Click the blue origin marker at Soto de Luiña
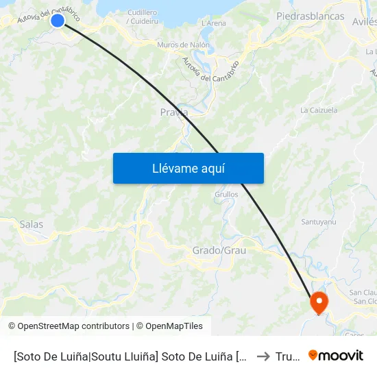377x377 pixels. click(58, 21)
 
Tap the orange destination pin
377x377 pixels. click(319, 302)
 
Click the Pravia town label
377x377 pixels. click(173, 112)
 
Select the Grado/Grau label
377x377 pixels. click(219, 250)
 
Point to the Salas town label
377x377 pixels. click(32, 224)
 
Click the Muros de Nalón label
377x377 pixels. click(183, 45)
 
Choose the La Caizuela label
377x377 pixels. click(319, 110)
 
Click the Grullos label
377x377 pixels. click(226, 194)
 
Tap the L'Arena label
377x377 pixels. click(214, 23)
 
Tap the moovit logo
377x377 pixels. click(336, 355)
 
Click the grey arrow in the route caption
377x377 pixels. click(263, 356)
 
